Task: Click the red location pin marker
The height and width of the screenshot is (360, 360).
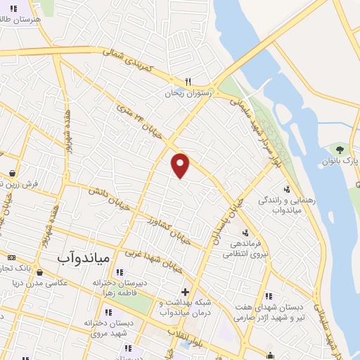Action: pyautogui.click(x=181, y=165)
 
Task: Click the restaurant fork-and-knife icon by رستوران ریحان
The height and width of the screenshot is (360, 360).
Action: pyautogui.click(x=188, y=81)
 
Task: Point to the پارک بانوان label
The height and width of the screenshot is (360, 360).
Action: pyautogui.click(x=345, y=161)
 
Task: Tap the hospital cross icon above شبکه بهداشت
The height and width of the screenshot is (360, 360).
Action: pyautogui.click(x=185, y=292)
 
